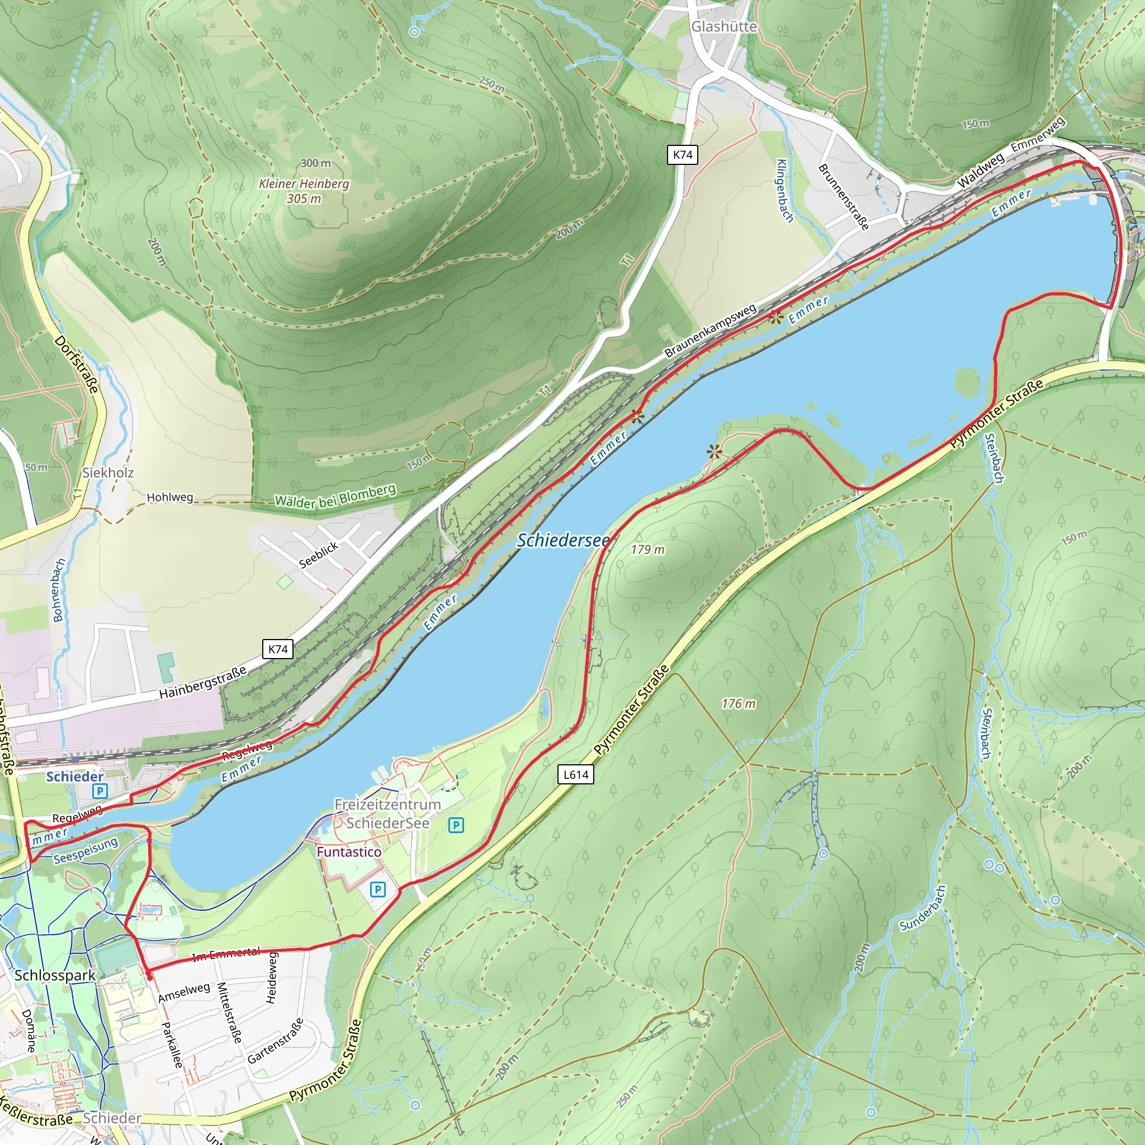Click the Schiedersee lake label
(x=562, y=540)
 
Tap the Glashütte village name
(x=723, y=27)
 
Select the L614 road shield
(x=575, y=774)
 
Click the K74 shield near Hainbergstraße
(x=277, y=649)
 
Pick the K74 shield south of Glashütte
(x=682, y=155)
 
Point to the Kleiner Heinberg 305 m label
(x=304, y=191)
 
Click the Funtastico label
(x=348, y=851)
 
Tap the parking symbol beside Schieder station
(x=100, y=791)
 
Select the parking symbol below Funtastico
(x=377, y=889)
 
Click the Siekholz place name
(x=108, y=472)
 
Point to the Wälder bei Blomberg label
(x=335, y=496)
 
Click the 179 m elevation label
(x=647, y=550)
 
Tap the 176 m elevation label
(x=739, y=703)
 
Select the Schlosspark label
(x=55, y=975)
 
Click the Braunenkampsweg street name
(x=710, y=331)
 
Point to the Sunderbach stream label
(x=922, y=908)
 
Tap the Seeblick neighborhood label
(x=318, y=555)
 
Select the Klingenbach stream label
(x=784, y=191)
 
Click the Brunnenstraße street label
(x=843, y=197)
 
